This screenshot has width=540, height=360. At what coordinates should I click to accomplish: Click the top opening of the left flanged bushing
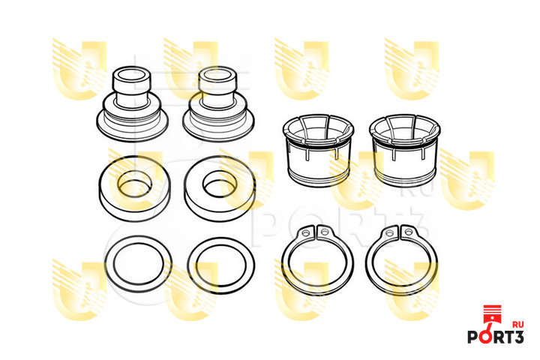click(x=131, y=74)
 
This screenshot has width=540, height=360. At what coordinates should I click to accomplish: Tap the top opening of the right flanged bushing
click(x=217, y=74)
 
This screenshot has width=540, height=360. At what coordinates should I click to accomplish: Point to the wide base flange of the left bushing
click(x=132, y=127)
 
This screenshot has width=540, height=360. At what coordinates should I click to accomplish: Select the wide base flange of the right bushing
click(x=218, y=127)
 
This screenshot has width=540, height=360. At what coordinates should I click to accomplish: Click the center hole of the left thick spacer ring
click(x=135, y=184)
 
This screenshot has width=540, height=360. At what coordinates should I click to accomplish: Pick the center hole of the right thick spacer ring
click(x=220, y=184)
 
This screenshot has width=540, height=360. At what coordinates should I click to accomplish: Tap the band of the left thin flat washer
click(x=109, y=264)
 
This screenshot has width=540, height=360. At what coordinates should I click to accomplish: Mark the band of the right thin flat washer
click(x=192, y=266)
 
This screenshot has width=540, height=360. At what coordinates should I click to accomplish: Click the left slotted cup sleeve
click(x=318, y=150)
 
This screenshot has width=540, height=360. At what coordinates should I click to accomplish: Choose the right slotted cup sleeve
click(x=405, y=150)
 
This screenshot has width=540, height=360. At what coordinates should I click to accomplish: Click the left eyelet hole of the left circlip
click(x=305, y=233)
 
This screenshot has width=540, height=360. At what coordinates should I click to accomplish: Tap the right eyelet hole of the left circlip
click(x=324, y=232)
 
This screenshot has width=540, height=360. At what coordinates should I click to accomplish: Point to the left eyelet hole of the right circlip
click(x=390, y=233)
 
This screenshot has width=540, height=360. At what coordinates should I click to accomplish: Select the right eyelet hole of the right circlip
click(x=409, y=232)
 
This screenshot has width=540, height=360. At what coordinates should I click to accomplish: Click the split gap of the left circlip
click(x=316, y=232)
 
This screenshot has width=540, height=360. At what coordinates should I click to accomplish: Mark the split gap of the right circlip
click(x=400, y=232)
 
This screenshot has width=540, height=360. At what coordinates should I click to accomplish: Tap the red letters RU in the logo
click(x=518, y=324)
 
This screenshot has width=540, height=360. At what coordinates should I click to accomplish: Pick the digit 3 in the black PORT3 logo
click(x=518, y=337)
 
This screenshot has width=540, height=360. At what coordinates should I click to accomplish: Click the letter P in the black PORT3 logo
click(x=473, y=337)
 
